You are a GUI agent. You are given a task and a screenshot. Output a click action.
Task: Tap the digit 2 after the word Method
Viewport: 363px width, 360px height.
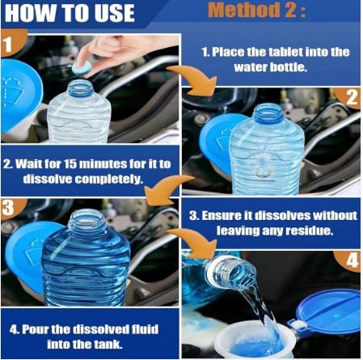coord(290,10)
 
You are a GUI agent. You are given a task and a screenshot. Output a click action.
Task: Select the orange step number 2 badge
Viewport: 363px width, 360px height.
coord(349,97)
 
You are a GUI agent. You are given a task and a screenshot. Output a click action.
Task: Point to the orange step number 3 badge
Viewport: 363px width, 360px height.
coord(11,208)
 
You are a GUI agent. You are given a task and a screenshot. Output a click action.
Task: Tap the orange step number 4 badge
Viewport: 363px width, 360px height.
coord(349,260)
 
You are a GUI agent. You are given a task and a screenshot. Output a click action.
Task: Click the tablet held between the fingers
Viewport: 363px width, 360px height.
coord(82,68)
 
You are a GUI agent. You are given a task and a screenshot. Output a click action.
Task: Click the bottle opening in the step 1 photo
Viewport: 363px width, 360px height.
coord(80,86)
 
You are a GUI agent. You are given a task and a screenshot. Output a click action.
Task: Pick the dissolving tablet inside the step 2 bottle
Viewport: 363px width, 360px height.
coord(261,171)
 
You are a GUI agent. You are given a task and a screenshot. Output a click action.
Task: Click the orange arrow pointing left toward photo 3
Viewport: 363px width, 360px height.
coord(167,188)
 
